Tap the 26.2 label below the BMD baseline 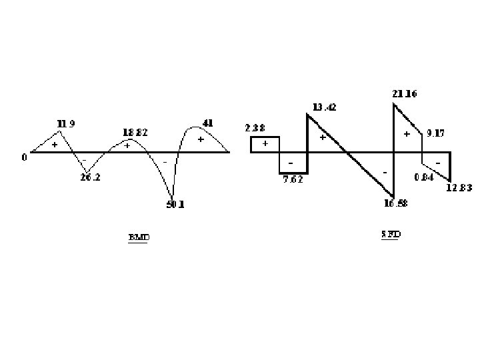pyautogui.click(x=91, y=178)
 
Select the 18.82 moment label pyautogui.click(x=135, y=132)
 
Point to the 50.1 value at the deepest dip pyautogui.click(x=175, y=205)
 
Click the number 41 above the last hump pyautogui.click(x=207, y=123)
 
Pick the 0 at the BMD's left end pyautogui.click(x=24, y=157)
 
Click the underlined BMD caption pyautogui.click(x=139, y=237)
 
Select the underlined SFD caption pyautogui.click(x=391, y=234)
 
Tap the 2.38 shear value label pyautogui.click(x=255, y=128)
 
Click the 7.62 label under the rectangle pyautogui.click(x=293, y=179)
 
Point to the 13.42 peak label pyautogui.click(x=325, y=107)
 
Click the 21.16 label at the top pyautogui.click(x=405, y=94)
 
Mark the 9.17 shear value pyautogui.click(x=435, y=133)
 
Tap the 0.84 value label pyautogui.click(x=423, y=177)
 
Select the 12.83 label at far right pyautogui.click(x=459, y=188)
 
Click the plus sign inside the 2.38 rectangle pyautogui.click(x=265, y=143)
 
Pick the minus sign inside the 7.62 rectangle pyautogui.click(x=291, y=163)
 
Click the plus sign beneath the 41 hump pyautogui.click(x=200, y=139)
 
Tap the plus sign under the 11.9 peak pyautogui.click(x=55, y=144)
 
